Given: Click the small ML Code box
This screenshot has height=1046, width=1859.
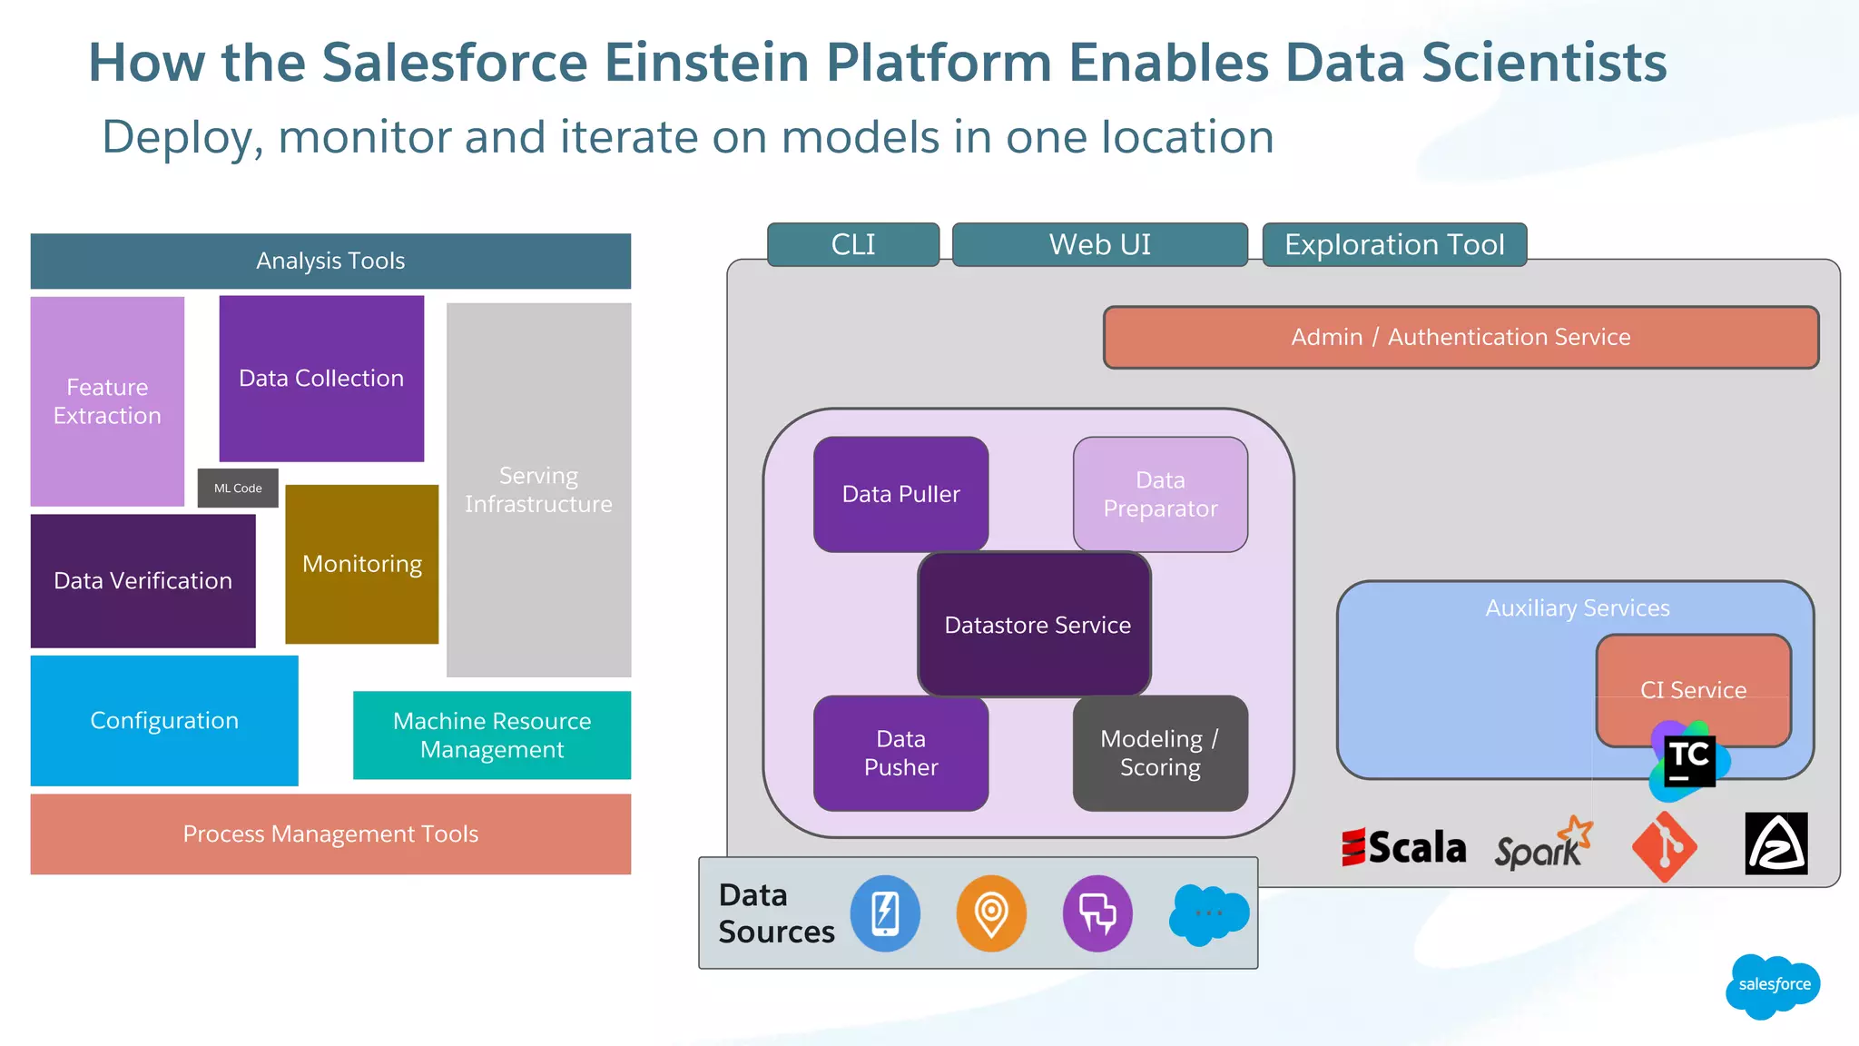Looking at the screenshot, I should click(238, 488).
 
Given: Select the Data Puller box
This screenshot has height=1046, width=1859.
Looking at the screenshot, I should click(900, 494).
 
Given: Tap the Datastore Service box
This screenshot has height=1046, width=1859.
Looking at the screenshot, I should click(1036, 625).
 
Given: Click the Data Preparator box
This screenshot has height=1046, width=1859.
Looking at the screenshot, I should click(1160, 494).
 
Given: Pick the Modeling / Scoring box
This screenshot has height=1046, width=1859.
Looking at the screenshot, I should click(1160, 753).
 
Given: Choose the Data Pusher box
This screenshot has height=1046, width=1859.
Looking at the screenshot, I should click(900, 753).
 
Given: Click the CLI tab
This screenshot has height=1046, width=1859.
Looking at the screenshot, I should click(853, 244).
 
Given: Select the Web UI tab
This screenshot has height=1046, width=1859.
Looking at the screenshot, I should click(1099, 244).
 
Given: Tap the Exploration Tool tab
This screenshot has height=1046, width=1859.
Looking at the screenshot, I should click(1394, 244).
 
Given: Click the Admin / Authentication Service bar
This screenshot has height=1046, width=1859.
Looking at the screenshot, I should click(1461, 337).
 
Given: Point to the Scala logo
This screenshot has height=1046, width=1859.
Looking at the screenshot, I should click(1403, 847).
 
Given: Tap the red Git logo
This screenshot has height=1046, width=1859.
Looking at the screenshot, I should click(1665, 846).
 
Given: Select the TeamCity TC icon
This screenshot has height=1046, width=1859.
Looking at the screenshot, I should click(1689, 761).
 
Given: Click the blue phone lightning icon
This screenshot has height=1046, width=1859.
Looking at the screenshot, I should click(885, 913).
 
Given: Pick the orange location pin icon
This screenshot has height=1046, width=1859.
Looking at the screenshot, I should click(991, 913).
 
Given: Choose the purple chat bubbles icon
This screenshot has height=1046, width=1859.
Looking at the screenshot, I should click(1097, 913).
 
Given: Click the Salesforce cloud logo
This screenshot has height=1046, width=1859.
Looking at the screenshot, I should click(1773, 985).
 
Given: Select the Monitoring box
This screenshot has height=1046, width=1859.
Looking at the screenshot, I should click(361, 564).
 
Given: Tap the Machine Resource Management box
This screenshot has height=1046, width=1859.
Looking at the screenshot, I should click(491, 735).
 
